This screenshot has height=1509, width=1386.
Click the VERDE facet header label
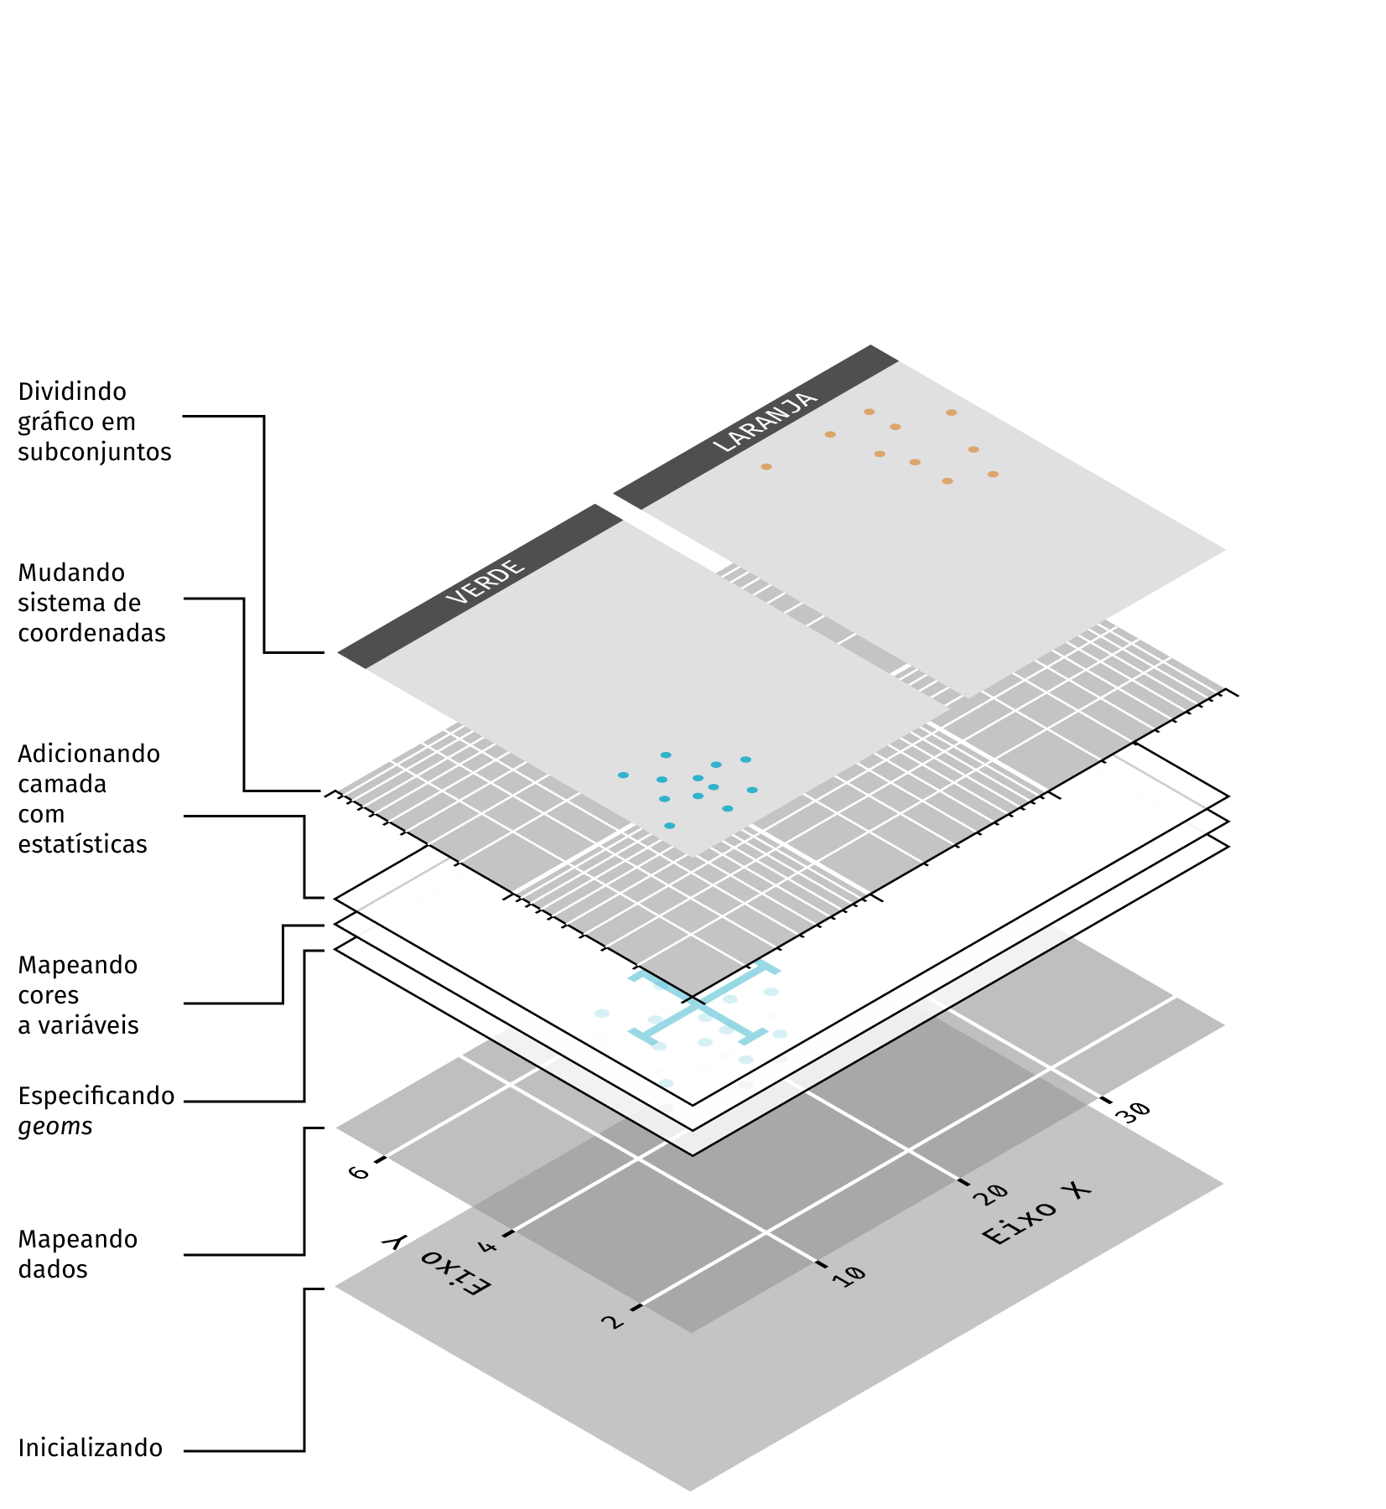click(x=485, y=581)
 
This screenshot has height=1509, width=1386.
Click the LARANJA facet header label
click(x=764, y=422)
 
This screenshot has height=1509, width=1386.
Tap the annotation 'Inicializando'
click(x=91, y=1448)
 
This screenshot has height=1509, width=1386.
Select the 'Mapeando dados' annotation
click(x=77, y=1253)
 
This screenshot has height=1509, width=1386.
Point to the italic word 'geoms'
click(x=55, y=1126)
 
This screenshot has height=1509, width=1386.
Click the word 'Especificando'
click(x=96, y=1096)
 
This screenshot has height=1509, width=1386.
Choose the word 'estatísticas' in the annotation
click(x=82, y=844)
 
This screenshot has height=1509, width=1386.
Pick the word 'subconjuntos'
click(x=95, y=452)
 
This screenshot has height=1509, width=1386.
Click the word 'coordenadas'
click(x=92, y=633)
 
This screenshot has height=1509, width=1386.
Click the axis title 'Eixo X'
click(x=1036, y=1213)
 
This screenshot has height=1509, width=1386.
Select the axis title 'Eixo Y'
click(x=435, y=1266)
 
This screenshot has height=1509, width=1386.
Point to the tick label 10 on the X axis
click(x=849, y=1275)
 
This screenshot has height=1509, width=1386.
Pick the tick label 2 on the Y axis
click(x=613, y=1322)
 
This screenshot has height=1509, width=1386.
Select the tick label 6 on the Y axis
click(x=359, y=1172)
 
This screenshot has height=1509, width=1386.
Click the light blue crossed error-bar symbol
click(x=703, y=1005)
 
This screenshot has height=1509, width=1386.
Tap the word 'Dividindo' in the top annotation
click(x=72, y=392)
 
